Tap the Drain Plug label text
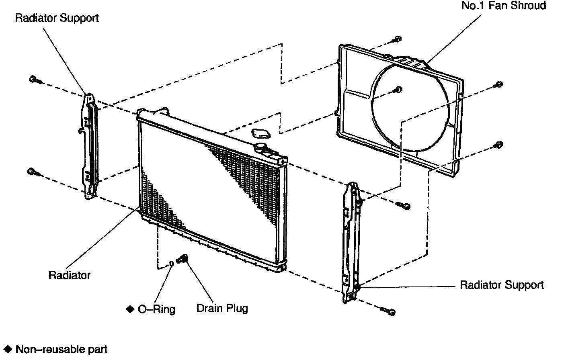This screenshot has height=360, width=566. [222, 308]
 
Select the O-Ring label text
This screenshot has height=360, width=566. [156, 309]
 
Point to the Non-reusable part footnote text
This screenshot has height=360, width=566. [61, 349]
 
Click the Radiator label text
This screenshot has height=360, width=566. [69, 275]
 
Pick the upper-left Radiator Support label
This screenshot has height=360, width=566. [57, 18]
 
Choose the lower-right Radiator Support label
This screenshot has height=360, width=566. [501, 285]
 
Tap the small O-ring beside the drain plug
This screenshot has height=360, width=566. [171, 264]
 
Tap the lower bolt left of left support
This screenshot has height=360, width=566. [33, 172]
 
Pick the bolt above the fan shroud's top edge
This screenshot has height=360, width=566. [397, 39]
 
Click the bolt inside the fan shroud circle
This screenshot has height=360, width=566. [398, 90]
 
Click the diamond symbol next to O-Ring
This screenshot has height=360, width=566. [130, 309]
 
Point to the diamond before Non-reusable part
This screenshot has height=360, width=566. [8, 349]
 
